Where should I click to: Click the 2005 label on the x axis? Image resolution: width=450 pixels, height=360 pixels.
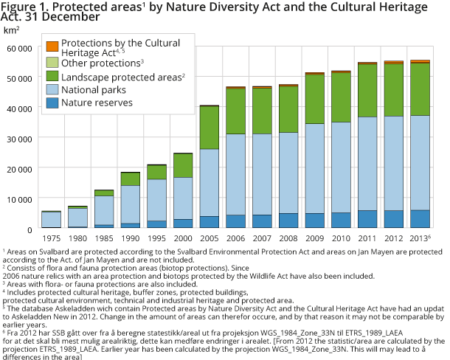pyautogui.click(x=189, y=240)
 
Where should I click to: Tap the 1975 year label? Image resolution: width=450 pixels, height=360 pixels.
pyautogui.click(x=51, y=240)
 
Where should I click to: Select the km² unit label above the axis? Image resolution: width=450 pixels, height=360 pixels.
pyautogui.click(x=11, y=30)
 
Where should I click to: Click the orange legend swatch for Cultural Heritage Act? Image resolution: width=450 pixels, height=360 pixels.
pyautogui.click(x=52, y=46)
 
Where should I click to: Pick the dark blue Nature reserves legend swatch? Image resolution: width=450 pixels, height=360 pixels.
pyautogui.click(x=52, y=104)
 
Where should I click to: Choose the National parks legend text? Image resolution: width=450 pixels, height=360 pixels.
pyautogui.click(x=94, y=90)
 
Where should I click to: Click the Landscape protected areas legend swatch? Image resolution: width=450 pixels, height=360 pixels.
pyautogui.click(x=52, y=76)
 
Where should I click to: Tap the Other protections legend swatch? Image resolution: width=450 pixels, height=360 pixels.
pyautogui.click(x=52, y=62)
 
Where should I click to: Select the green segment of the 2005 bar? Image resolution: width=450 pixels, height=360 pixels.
pyautogui.click(x=189, y=128)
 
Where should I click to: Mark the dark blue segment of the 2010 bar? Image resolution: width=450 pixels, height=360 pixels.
pyautogui.click(x=341, y=220)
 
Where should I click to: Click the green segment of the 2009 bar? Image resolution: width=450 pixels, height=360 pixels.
pyautogui.click(x=314, y=99)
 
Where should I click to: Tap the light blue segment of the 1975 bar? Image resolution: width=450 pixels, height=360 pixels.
pyautogui.click(x=51, y=219)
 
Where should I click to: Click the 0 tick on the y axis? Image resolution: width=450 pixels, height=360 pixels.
pyautogui.click(x=30, y=229)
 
